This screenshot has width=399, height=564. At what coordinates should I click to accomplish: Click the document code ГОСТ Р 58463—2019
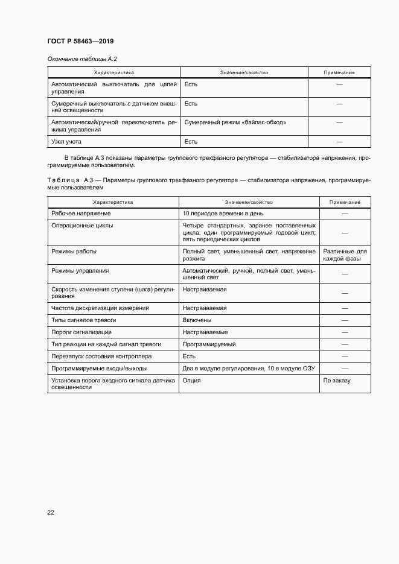coord(80,41)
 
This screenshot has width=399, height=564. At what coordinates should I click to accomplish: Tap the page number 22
coord(51,512)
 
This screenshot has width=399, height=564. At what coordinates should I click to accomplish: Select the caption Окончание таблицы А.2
coord(81,59)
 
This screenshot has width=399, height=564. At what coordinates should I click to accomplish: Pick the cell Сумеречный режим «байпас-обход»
coord(235,122)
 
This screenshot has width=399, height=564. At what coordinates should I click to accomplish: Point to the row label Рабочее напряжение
coord(81,214)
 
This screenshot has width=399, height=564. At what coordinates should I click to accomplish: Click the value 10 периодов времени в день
coord(222,214)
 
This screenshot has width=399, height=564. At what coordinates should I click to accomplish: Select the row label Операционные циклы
coord(82,225)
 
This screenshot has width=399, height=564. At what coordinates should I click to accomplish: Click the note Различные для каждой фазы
coord(345,255)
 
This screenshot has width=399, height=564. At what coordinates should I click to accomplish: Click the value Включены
coord(197,320)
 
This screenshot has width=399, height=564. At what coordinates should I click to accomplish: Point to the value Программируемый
coord(209,344)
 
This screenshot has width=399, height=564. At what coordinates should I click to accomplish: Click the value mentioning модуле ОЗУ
coord(249,369)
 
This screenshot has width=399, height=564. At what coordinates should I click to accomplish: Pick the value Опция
coord(191,381)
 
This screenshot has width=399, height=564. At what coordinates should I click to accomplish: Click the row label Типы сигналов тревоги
coord(83,320)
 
